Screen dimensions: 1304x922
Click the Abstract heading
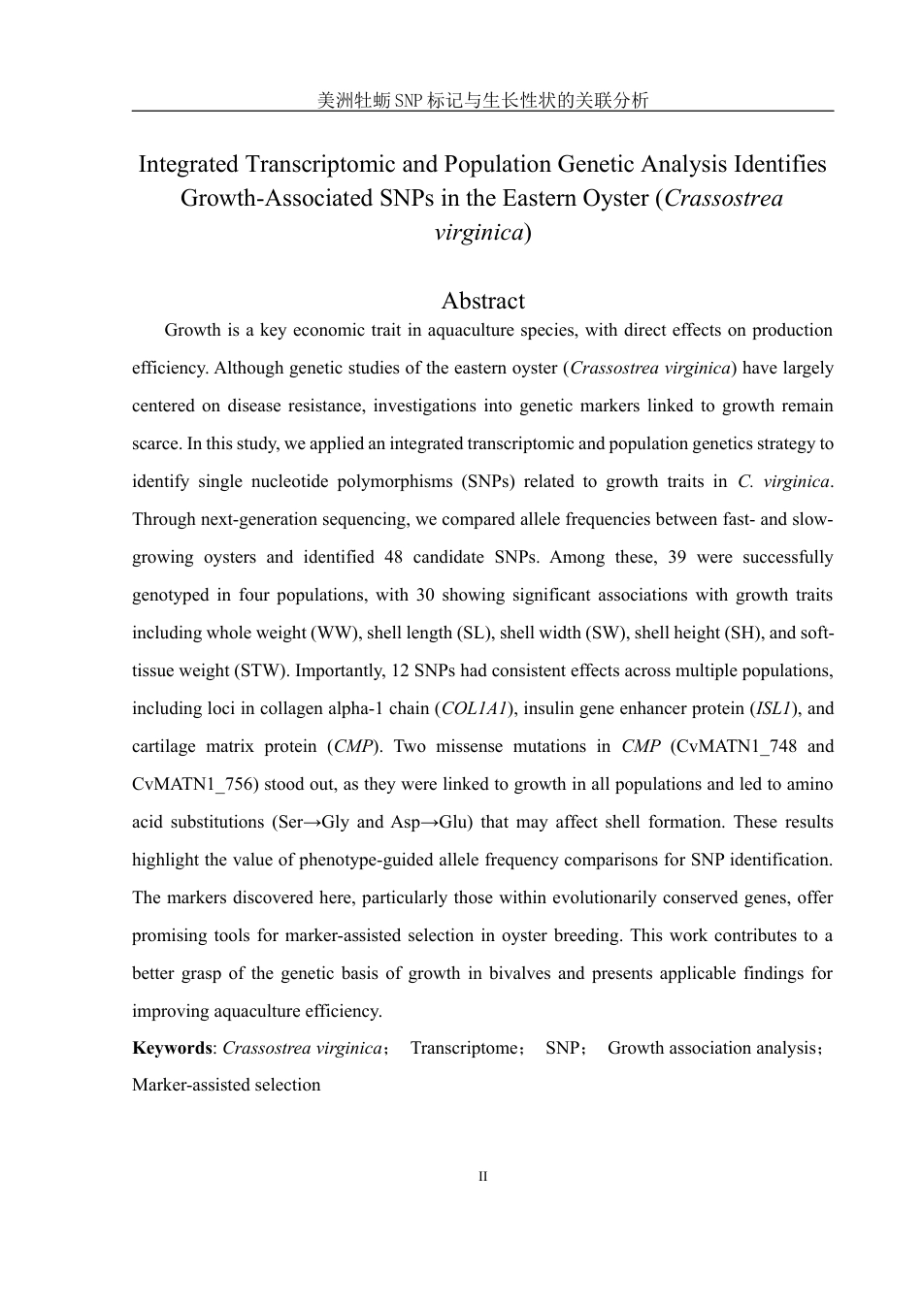point(482,301)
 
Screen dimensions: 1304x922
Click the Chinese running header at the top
point(482,100)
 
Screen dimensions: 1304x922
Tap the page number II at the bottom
point(482,1177)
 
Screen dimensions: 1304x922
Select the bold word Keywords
point(172,1048)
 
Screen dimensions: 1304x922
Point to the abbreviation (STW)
point(262,670)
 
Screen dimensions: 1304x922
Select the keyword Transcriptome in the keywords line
point(465,1048)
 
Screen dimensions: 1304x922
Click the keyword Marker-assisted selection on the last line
point(226,1085)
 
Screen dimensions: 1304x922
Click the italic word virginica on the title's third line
point(478,232)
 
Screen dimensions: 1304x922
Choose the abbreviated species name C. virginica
point(784,481)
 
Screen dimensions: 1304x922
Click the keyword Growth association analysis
point(713,1048)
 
